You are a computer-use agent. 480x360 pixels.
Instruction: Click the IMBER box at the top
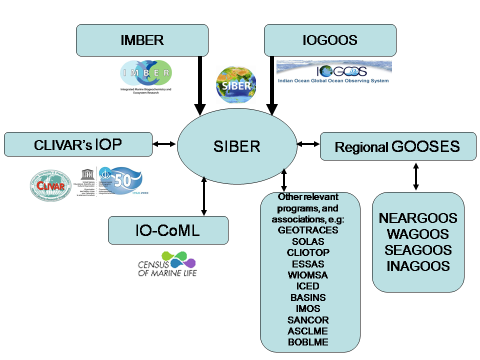[142, 40]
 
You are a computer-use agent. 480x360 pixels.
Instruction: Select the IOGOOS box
[330, 40]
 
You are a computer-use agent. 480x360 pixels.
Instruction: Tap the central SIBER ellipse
[236, 146]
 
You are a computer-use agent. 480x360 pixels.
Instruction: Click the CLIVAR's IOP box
[78, 144]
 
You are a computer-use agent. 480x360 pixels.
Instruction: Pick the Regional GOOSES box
[397, 146]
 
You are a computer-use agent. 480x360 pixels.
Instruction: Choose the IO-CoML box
[168, 230]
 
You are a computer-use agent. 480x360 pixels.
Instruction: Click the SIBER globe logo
[236, 85]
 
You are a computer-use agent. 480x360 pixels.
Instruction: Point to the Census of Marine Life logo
[167, 265]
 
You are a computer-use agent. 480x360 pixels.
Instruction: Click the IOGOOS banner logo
[333, 72]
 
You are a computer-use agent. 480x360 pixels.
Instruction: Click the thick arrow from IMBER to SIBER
[200, 85]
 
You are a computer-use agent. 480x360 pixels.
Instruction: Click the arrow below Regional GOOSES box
[415, 176]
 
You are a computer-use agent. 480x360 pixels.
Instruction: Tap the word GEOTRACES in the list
[308, 230]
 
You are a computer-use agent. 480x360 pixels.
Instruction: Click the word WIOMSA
[308, 275]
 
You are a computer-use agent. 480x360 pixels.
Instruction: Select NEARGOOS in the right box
[418, 218]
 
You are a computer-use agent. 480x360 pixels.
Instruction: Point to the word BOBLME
[308, 342]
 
